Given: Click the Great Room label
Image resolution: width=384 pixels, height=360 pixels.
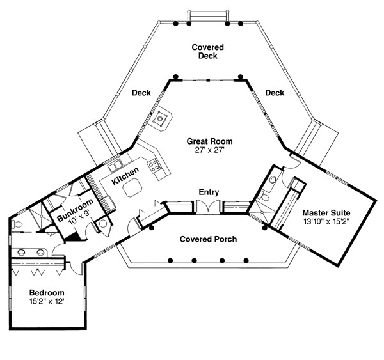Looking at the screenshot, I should (209, 141).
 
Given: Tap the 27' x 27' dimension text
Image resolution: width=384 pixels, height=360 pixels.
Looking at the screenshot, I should (209, 150).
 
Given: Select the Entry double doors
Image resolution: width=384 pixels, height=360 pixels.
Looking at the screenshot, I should (209, 207).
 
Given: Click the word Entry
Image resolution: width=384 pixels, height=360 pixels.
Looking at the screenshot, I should (209, 192).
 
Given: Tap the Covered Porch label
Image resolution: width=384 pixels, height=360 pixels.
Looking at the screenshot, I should (208, 239).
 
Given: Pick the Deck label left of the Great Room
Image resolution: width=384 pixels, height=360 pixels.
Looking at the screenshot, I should (141, 93).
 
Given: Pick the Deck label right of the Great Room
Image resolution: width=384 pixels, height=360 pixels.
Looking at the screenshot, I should (275, 93).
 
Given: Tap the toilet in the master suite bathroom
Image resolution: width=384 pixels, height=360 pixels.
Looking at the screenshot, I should (273, 180).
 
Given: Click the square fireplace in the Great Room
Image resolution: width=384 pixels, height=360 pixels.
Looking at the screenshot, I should (161, 118).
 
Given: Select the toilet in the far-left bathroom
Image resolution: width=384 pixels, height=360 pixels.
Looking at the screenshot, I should (17, 224).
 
